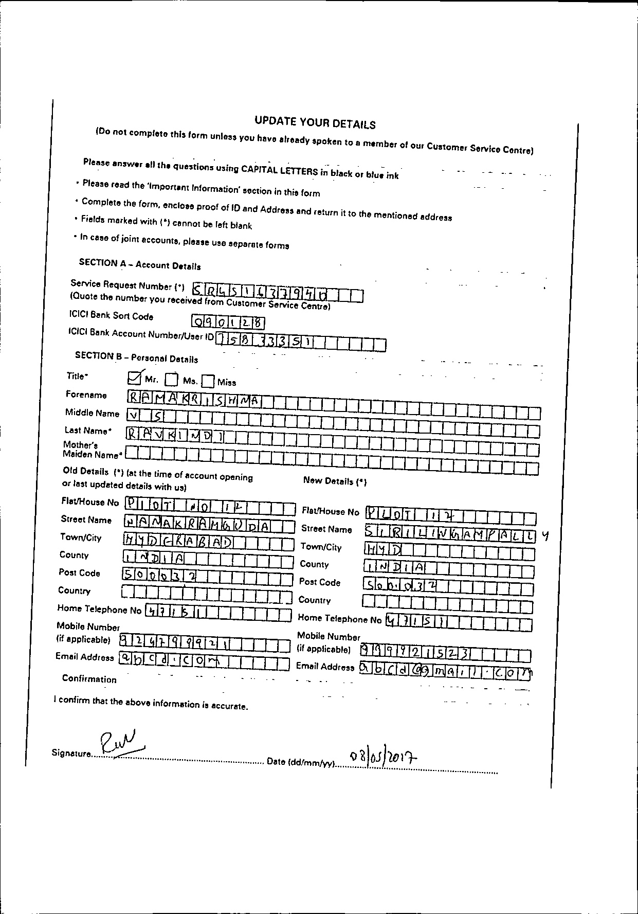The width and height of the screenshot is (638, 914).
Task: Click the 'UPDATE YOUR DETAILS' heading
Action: [315, 123]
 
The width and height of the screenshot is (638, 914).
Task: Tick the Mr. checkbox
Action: [134, 379]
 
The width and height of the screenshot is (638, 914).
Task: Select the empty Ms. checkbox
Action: [171, 380]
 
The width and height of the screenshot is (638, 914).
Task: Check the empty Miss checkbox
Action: [208, 381]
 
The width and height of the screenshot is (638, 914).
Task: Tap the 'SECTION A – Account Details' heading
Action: [140, 264]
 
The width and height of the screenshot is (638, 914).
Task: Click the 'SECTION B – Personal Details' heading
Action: [136, 357]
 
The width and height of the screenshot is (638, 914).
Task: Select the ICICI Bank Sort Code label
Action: [111, 315]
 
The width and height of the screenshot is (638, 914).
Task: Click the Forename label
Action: [86, 395]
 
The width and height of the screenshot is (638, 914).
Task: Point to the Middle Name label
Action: [92, 413]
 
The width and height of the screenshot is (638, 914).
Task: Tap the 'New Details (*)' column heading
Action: [335, 481]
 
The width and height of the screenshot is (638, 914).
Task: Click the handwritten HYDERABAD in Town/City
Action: [178, 541]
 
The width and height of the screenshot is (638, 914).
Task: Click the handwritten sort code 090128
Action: [228, 322]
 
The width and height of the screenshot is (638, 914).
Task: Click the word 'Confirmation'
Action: [89, 679]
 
